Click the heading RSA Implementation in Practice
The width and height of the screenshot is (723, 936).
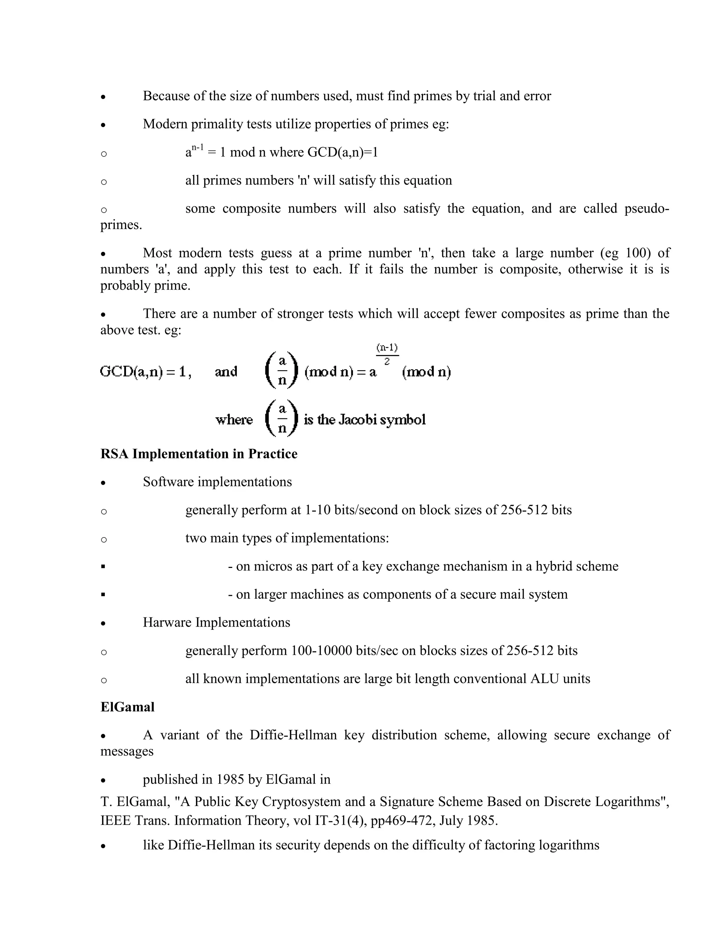(x=199, y=454)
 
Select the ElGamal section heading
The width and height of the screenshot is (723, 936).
(x=127, y=707)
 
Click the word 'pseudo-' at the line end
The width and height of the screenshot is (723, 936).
(x=646, y=209)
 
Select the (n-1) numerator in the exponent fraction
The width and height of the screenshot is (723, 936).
(x=387, y=347)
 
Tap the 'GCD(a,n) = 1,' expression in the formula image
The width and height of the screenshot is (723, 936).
(x=146, y=372)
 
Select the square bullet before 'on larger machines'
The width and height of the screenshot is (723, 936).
(x=103, y=595)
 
